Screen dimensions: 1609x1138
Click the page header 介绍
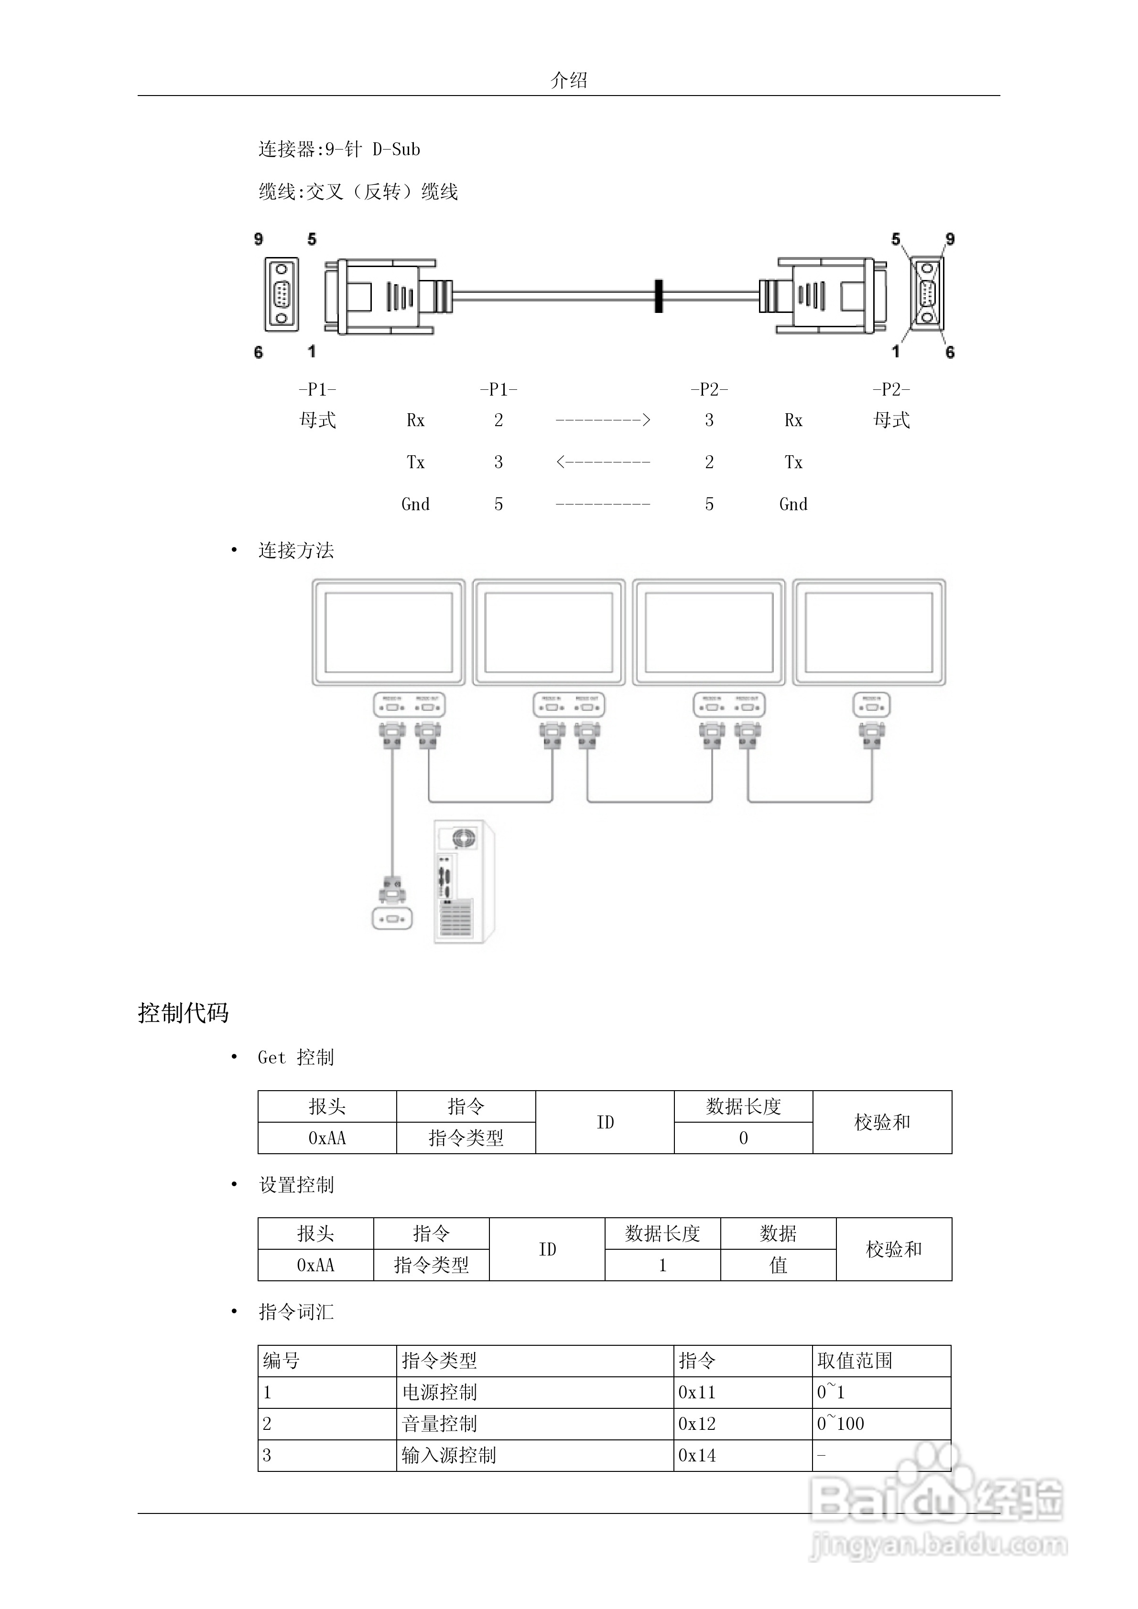coord(569,80)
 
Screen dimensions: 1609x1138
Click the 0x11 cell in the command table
coord(696,1393)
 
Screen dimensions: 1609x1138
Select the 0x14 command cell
coord(696,1456)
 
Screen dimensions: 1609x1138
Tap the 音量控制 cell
coord(440,1424)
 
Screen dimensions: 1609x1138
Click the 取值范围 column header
coord(854,1361)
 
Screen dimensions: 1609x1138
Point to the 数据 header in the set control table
coord(778,1234)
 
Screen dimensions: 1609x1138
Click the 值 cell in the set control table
coord(778,1265)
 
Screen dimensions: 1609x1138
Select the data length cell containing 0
coord(743,1138)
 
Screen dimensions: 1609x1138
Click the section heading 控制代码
coord(183,1013)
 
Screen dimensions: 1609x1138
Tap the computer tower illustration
coord(464,881)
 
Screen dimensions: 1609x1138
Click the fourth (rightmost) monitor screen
coord(869,632)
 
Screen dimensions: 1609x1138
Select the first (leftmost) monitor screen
coord(389,632)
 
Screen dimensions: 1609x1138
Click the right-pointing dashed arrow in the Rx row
coord(603,420)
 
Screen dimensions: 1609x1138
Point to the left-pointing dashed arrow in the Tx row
coord(603,462)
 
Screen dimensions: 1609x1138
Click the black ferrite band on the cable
coord(659,296)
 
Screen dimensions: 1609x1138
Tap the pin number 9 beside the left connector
coord(259,239)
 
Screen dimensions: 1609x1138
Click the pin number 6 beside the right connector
coord(950,352)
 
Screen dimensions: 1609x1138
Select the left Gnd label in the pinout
coord(415,504)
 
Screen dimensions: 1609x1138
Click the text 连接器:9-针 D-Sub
coord(339,149)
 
